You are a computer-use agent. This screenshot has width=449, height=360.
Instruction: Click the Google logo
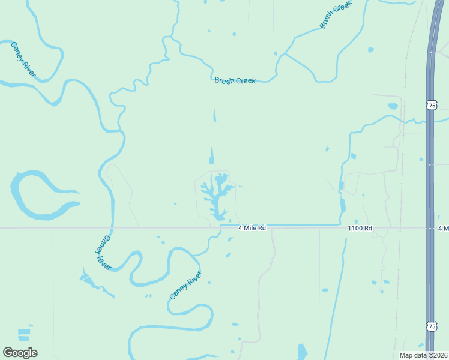pyautogui.click(x=20, y=353)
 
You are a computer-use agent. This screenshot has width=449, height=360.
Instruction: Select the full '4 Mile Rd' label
pyautogui.click(x=252, y=228)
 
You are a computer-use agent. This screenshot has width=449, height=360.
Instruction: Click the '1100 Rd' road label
pyautogui.click(x=360, y=228)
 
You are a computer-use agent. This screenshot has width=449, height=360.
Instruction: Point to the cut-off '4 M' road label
pyautogui.click(x=443, y=228)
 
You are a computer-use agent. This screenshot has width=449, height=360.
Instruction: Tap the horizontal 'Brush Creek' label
pyautogui.click(x=235, y=80)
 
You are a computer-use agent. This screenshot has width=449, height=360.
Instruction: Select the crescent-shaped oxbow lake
pyautogui.click(x=30, y=198)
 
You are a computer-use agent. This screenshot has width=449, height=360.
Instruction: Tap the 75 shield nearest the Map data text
pyautogui.click(x=432, y=326)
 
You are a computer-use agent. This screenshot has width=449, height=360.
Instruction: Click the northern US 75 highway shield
pyautogui.click(x=432, y=105)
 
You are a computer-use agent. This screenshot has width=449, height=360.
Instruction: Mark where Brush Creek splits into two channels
pyautogui.click(x=285, y=54)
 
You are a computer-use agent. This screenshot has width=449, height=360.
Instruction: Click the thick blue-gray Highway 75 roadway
pyautogui.click(x=430, y=180)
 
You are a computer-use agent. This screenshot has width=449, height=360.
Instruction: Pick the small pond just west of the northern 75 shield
pyautogui.click(x=393, y=106)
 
